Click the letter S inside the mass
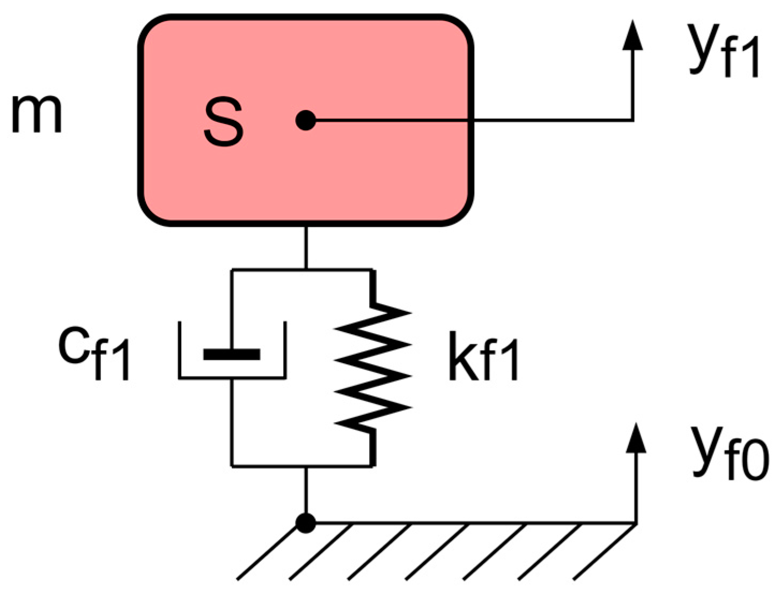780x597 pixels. point(223,123)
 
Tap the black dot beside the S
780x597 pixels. point(306,120)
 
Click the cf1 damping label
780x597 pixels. point(94,354)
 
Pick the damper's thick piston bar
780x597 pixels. point(232,354)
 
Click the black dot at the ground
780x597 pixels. point(306,522)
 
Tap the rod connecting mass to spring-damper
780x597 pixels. point(306,247)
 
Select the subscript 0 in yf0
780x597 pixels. point(755,464)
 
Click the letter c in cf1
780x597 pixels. point(72,346)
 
